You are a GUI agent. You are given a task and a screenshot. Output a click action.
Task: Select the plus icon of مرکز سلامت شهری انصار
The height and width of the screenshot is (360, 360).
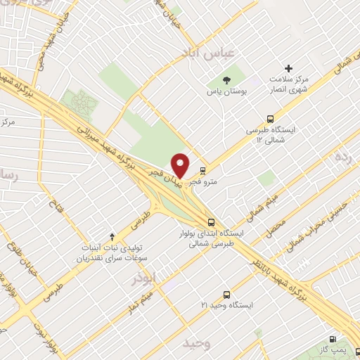[288, 70]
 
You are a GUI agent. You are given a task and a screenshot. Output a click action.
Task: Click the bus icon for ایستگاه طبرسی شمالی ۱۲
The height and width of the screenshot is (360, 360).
[271, 120]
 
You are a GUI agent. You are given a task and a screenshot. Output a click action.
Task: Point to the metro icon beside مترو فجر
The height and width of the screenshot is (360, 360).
[203, 170]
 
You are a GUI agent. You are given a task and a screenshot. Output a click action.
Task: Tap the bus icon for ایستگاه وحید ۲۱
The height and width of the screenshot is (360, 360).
[226, 295]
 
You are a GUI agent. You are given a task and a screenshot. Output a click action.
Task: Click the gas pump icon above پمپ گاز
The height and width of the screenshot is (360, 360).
[335, 337]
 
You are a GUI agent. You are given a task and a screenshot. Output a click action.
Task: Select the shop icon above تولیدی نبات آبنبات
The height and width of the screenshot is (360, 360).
[112, 237]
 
